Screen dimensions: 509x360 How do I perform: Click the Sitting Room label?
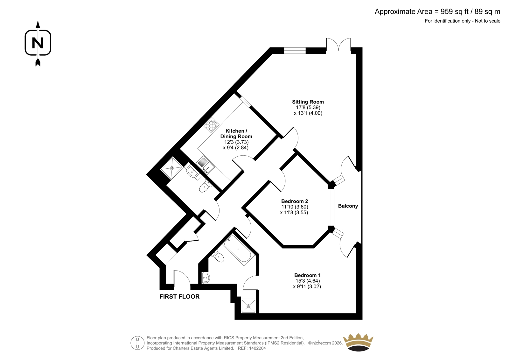coord(308,102)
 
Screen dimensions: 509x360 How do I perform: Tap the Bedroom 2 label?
coord(295,201)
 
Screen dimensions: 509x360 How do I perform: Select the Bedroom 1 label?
coord(307,275)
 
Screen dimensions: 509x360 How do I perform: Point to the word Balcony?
coord(348,206)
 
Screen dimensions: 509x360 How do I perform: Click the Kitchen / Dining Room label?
coord(236,134)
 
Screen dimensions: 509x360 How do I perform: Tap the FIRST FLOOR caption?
coord(179,297)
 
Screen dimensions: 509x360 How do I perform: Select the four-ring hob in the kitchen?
coord(211,125)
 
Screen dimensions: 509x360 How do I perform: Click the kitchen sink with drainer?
coord(205,165)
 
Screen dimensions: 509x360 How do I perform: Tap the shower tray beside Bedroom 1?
coord(248,306)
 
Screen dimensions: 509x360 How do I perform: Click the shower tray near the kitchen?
coord(171,168)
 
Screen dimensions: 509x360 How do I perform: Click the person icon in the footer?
coord(137,343)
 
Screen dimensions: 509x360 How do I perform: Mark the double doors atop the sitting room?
coord(338,44)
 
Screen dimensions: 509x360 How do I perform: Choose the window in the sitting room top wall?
coord(295,51)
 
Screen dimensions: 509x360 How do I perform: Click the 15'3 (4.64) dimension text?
coord(307,281)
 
